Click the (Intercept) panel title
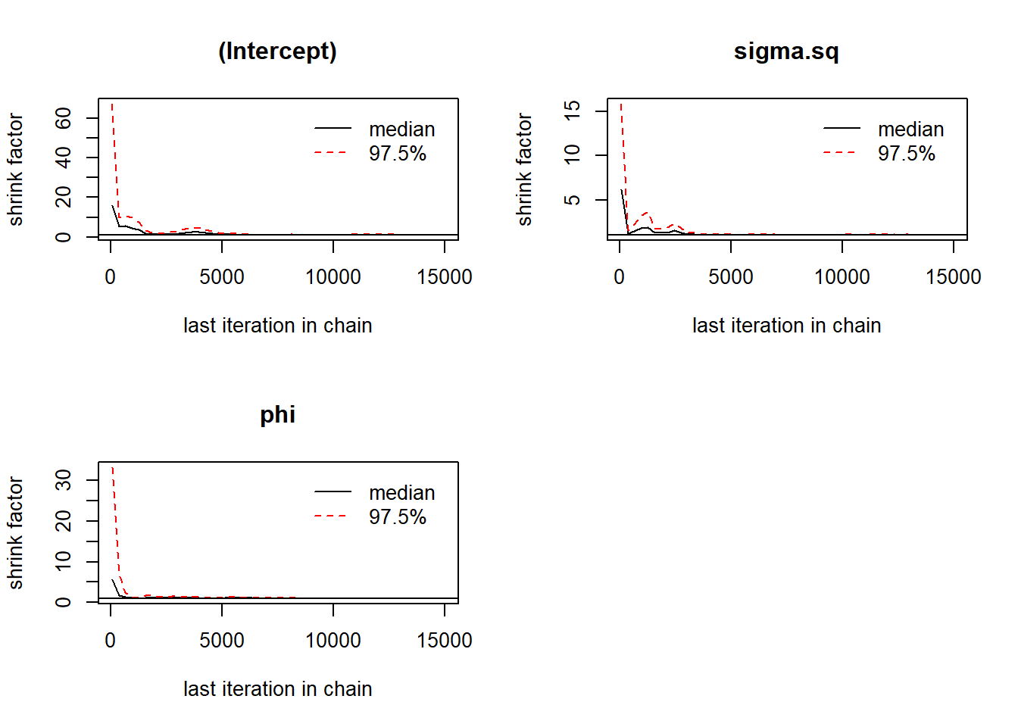tap(277, 51)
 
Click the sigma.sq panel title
tap(786, 51)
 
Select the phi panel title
tap(277, 415)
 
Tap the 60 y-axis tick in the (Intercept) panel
tap(64, 118)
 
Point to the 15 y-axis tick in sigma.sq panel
tap(573, 111)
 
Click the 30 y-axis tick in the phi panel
tap(64, 480)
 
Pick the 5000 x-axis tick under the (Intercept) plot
tap(222, 277)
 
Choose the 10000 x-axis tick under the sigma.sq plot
tap(842, 277)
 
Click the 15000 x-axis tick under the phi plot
tap(444, 641)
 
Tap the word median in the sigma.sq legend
tap(910, 129)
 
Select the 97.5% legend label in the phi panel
tap(398, 517)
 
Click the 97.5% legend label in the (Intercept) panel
tap(398, 154)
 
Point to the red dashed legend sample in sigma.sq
tap(841, 153)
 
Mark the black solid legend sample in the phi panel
tap(333, 492)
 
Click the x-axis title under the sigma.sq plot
tap(786, 326)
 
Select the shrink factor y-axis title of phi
tap(16, 533)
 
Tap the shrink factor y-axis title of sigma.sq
tap(524, 170)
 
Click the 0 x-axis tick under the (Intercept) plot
tap(111, 277)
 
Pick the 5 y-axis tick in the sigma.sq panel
tap(573, 199)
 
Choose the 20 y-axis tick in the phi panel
tap(64, 521)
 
